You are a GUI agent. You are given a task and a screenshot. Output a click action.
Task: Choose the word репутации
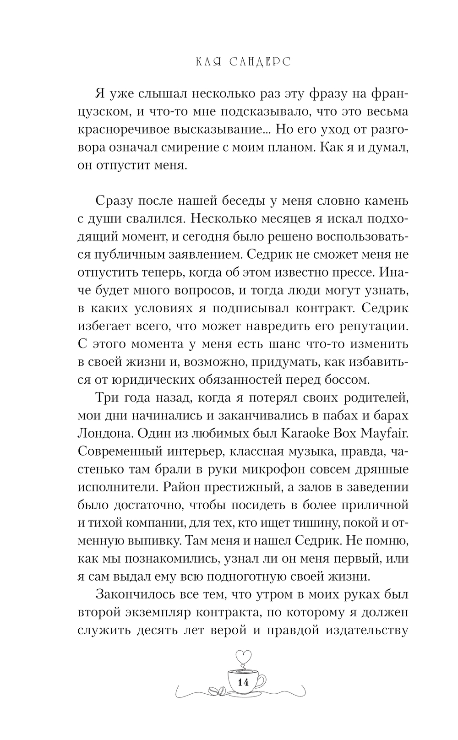pyautogui.click(x=369, y=326)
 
